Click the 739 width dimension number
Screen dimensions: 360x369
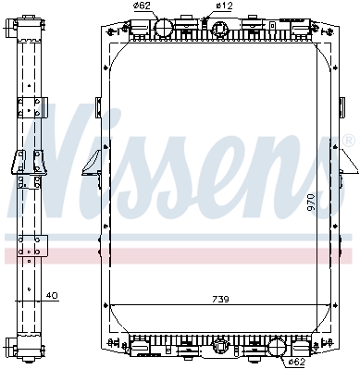[220, 299]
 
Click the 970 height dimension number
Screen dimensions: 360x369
[311, 203]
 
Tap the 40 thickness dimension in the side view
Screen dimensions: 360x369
[52, 295]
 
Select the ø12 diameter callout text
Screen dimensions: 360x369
[224, 6]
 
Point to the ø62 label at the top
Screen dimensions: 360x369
[142, 6]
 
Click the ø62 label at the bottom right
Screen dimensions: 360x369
[296, 361]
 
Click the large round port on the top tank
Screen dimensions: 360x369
[164, 28]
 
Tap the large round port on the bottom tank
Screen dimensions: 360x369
[277, 347]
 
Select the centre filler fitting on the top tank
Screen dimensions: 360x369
[219, 30]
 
